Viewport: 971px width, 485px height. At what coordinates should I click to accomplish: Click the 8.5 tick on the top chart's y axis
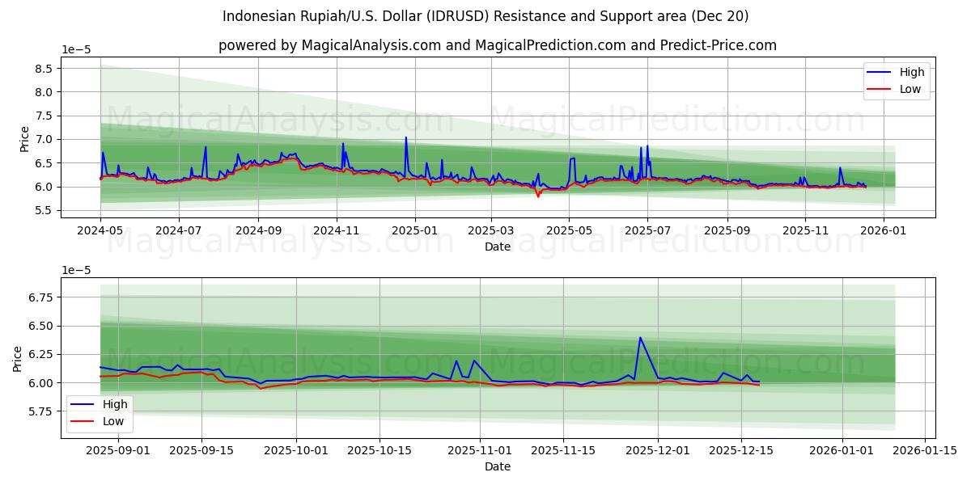click(x=42, y=69)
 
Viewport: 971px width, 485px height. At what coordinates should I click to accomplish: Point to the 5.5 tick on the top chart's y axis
click(x=42, y=210)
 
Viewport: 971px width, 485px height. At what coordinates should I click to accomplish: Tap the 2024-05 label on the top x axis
click(x=100, y=230)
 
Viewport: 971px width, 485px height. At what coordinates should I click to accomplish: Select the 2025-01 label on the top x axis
click(x=415, y=230)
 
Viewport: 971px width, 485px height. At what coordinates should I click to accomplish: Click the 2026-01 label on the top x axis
click(x=883, y=230)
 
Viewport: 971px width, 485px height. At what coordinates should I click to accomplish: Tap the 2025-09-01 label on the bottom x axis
click(x=118, y=451)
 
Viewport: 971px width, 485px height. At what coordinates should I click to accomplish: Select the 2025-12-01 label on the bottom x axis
click(x=657, y=451)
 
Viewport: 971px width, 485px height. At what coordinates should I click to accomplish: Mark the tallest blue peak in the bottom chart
click(x=640, y=338)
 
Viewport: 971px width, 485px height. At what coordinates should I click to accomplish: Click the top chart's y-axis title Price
click(x=24, y=139)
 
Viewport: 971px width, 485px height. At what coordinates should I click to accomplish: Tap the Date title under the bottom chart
click(x=497, y=466)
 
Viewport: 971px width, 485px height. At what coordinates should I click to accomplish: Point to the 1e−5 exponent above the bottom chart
click(x=76, y=269)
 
